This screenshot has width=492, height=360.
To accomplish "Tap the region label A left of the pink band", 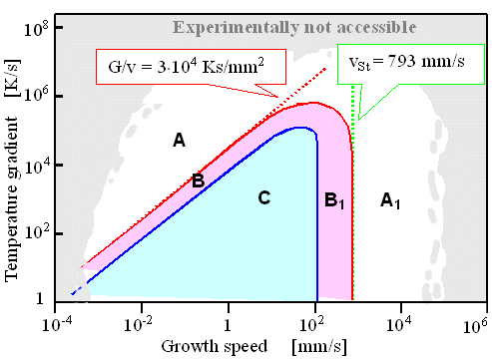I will (179, 141).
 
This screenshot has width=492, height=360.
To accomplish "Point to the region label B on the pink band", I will (198, 180).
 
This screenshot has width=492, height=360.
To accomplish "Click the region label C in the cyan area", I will (263, 198).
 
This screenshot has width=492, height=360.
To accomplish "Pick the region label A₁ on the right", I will (392, 200).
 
